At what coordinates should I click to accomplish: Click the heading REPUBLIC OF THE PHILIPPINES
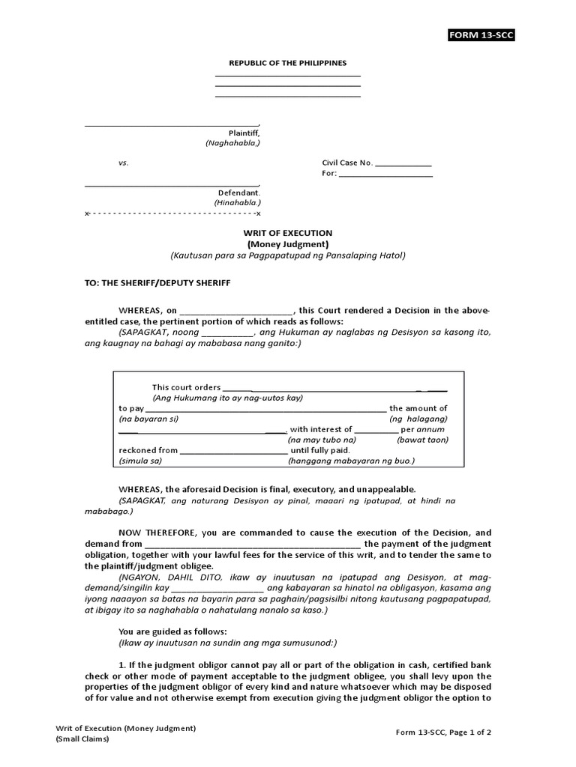[288, 64]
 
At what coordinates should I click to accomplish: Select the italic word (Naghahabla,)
[232, 142]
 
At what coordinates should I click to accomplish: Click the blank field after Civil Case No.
[403, 164]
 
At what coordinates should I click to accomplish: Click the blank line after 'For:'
[385, 175]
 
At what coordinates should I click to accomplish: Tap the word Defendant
[238, 192]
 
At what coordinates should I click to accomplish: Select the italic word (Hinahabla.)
[236, 202]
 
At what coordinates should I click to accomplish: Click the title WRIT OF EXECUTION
[288, 234]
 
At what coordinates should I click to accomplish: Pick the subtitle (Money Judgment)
[288, 244]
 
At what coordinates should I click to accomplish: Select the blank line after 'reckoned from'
[233, 452]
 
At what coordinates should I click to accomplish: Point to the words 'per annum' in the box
[423, 430]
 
